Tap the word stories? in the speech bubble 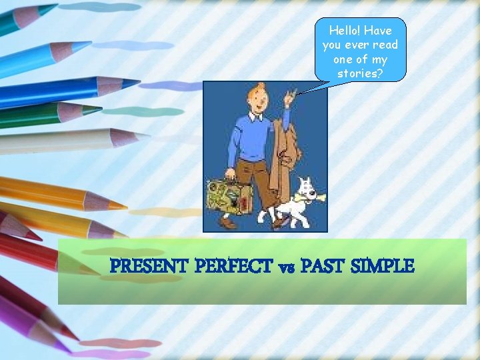[x=360, y=73]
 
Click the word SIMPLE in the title [x=384, y=267]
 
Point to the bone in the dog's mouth [x=315, y=195]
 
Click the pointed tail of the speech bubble [x=299, y=93]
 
